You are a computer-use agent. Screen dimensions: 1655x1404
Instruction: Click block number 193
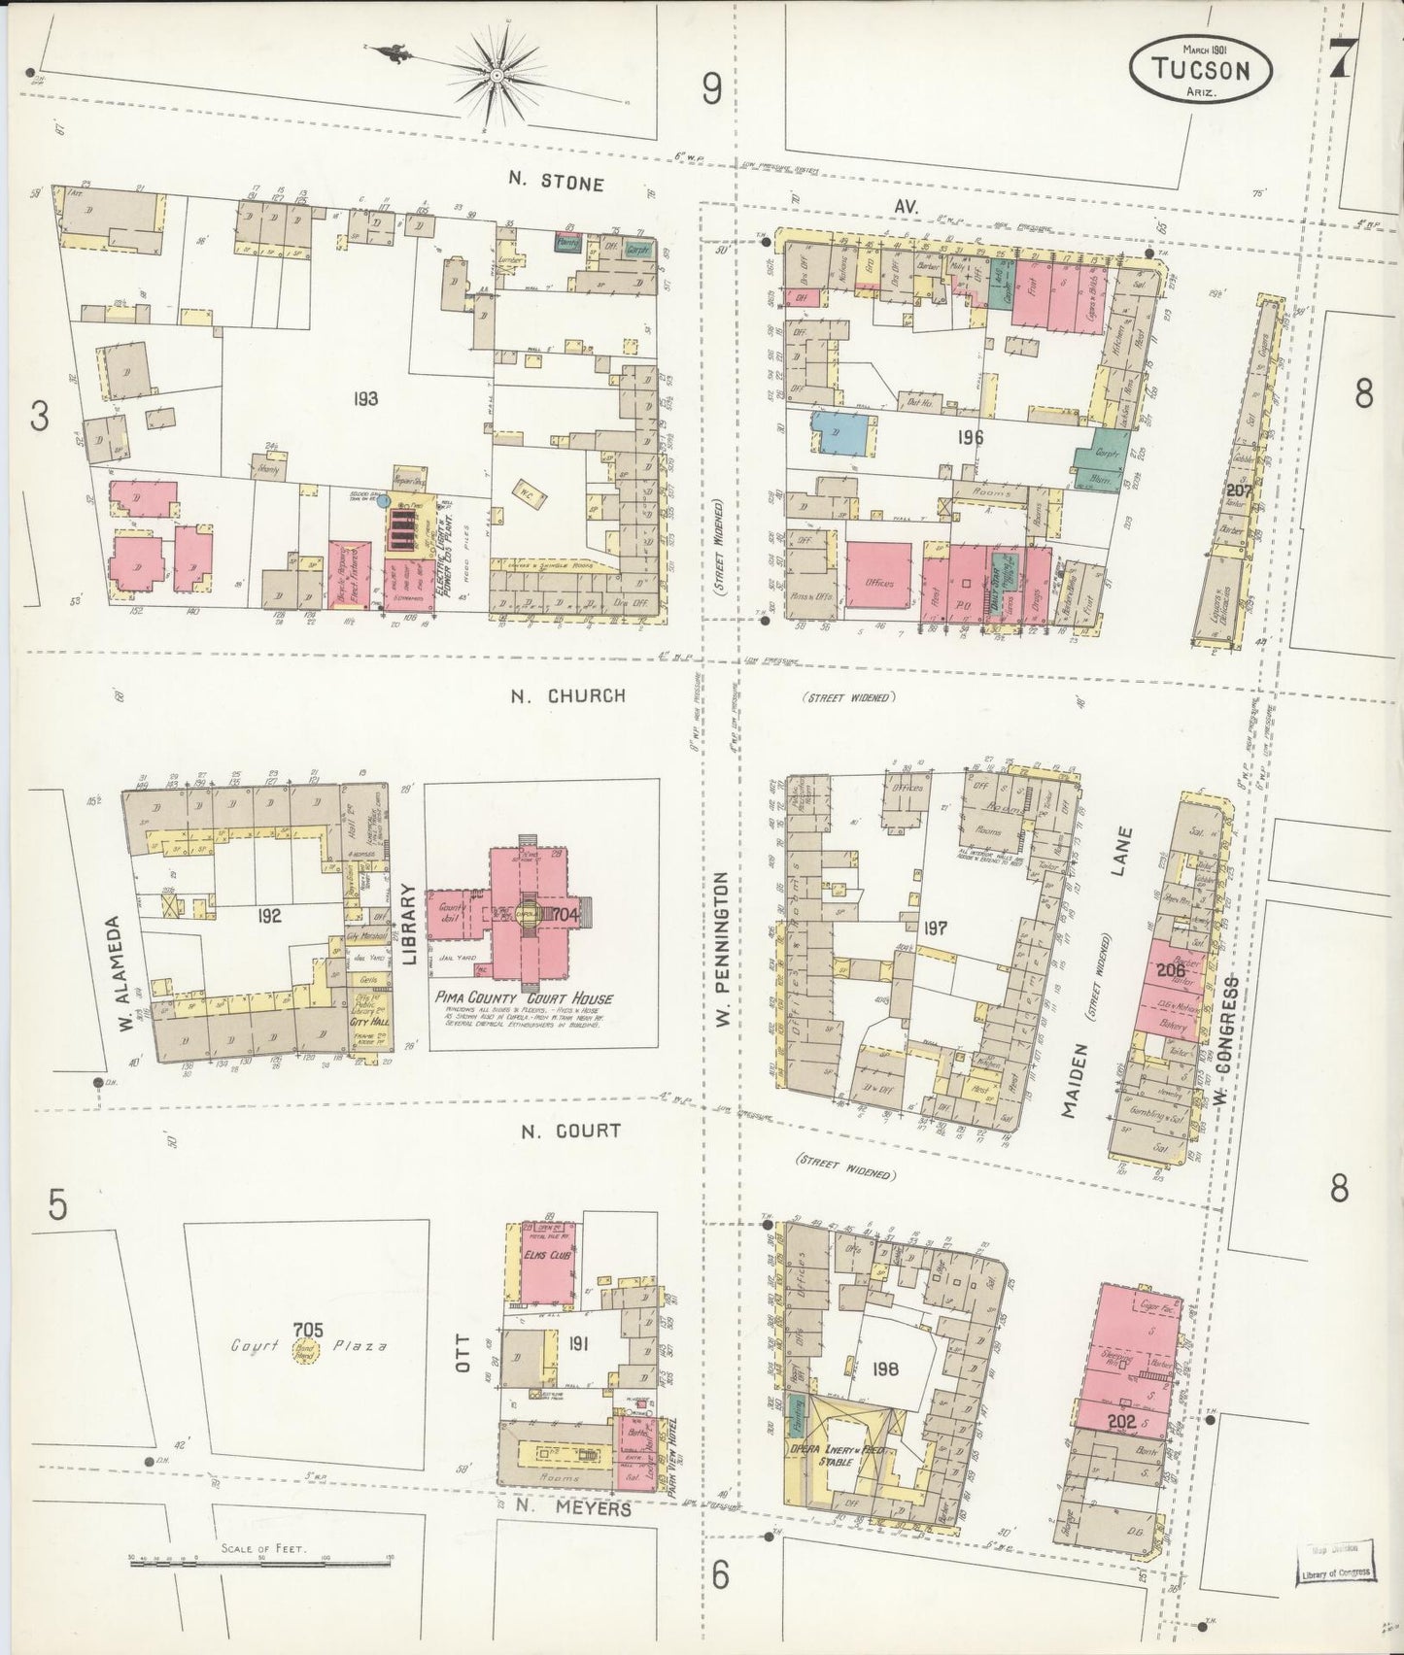365,398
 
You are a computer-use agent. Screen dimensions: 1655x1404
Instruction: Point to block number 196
969,438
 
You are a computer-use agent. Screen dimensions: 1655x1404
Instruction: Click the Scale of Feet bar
260,1561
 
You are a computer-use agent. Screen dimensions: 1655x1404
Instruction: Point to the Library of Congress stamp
1336,1571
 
